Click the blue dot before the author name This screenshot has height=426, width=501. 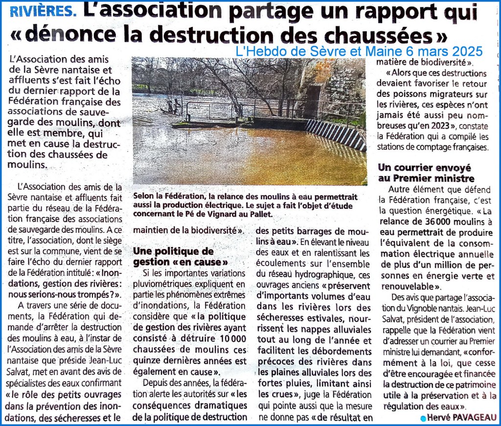point(423,418)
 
